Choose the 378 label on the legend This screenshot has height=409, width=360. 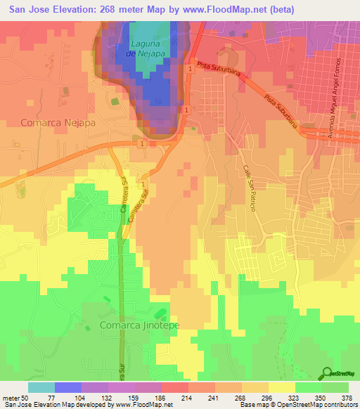(x=346, y=397)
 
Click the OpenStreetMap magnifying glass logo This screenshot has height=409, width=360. (x=326, y=374)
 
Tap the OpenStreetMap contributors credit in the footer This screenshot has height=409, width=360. (x=318, y=405)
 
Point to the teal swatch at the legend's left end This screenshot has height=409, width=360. (x=41, y=387)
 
